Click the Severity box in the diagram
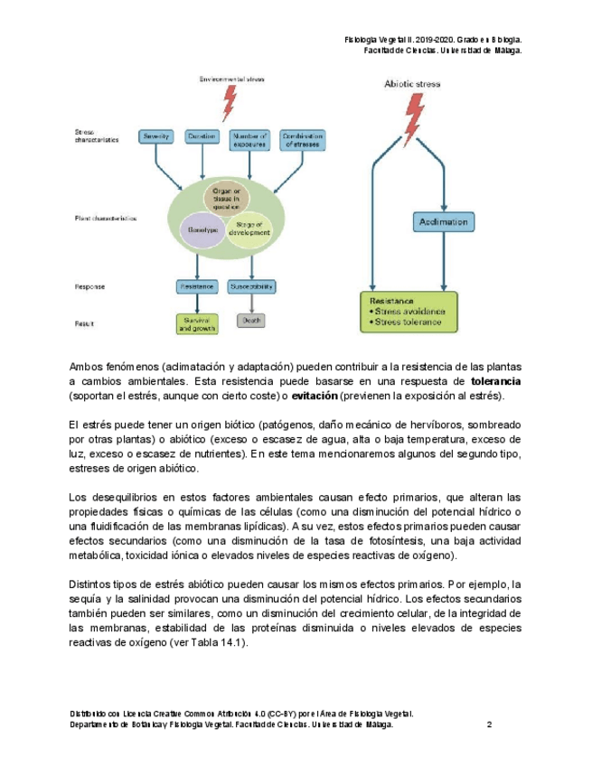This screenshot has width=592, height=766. tap(156, 136)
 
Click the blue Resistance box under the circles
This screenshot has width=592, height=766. tap(196, 286)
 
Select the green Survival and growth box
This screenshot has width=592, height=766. tap(196, 323)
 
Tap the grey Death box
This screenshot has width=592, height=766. tap(250, 320)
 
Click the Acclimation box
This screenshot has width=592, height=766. tap(443, 221)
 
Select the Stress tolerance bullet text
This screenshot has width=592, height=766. tap(409, 322)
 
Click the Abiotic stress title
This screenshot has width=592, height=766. tap(412, 84)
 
